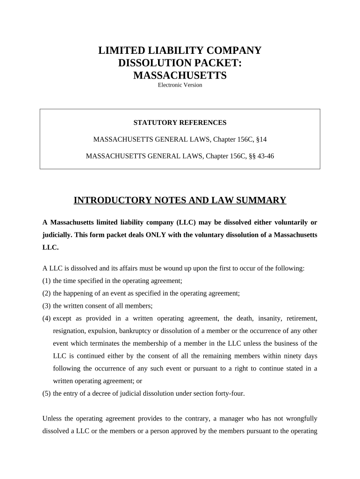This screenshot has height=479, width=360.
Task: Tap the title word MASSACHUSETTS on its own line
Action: click(180, 75)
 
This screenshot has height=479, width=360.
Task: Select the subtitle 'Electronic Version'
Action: click(180, 85)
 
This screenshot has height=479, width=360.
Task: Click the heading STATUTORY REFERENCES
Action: click(180, 123)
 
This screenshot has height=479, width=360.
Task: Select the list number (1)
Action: click(46, 281)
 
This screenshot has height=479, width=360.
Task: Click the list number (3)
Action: click(46, 306)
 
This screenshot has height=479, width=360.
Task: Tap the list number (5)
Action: click(46, 393)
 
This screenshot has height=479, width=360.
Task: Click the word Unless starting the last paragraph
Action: click(52, 418)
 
